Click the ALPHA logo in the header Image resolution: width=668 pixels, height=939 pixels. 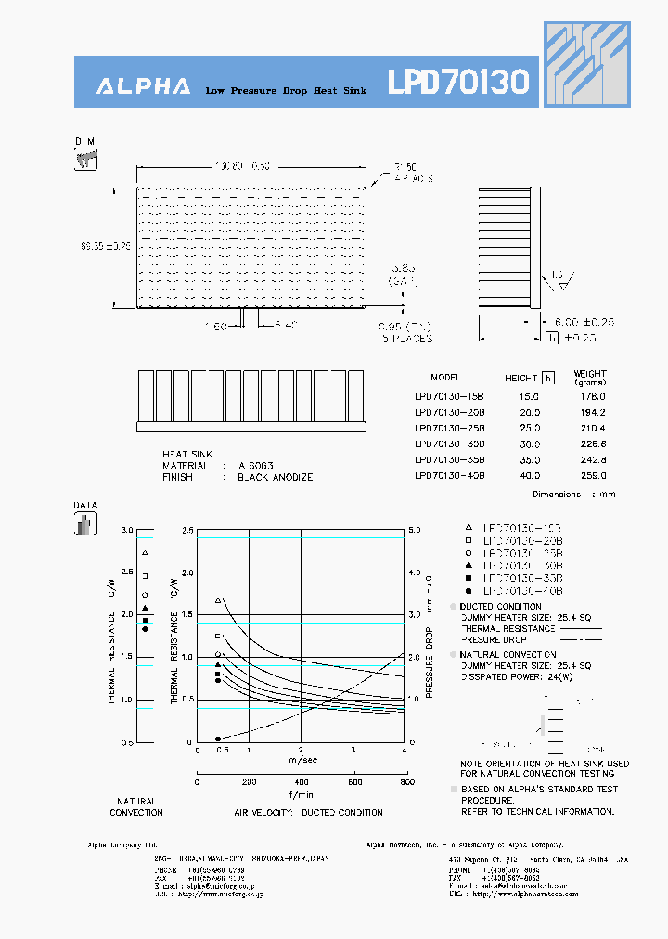click(x=144, y=86)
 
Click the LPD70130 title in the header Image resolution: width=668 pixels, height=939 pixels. click(x=458, y=83)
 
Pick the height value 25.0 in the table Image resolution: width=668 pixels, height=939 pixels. click(x=530, y=428)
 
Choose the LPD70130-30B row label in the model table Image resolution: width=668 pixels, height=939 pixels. click(x=449, y=444)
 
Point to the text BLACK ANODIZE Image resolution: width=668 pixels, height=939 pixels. click(x=275, y=477)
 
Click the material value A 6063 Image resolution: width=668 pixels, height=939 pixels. click(x=255, y=466)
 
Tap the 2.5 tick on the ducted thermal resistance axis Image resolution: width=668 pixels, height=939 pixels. click(x=188, y=530)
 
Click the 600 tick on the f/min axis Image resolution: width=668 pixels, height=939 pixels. click(x=355, y=782)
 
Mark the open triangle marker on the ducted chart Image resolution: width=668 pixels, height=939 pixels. click(x=219, y=600)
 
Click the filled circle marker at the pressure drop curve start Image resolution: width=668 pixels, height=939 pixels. click(x=218, y=739)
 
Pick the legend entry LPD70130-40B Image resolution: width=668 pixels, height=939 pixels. click(x=524, y=591)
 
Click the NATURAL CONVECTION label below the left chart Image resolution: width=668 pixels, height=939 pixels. click(x=136, y=806)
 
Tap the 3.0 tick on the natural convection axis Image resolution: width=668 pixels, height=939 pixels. click(x=127, y=530)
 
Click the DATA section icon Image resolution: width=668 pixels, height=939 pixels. click(x=84, y=524)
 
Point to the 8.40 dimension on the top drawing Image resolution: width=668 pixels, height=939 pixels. click(x=287, y=325)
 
